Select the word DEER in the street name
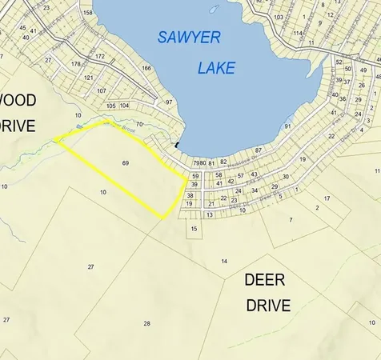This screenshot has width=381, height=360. pos(264,280)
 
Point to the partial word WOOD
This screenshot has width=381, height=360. pos(18,100)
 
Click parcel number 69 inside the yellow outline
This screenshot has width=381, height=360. pos(126,163)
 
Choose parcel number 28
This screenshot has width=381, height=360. pos(146,323)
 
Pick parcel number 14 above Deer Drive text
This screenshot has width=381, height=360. pos(225,262)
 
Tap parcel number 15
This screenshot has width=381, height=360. pos(195,229)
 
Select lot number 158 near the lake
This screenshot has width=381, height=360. pos(87,13)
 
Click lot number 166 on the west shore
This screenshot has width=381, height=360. pos(146,68)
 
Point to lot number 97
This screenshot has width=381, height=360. pos(169,102)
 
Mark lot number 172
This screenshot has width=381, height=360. pos(100,57)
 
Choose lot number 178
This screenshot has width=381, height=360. pos(76,63)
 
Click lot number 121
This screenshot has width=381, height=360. pos(89,78)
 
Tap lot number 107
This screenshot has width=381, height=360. pos(102,90)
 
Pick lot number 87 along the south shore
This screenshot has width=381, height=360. pos(259,150)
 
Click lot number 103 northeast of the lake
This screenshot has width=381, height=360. pos(279,17)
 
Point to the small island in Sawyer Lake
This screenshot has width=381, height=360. pos(214,10)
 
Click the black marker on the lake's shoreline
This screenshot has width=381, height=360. pos(177,145)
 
